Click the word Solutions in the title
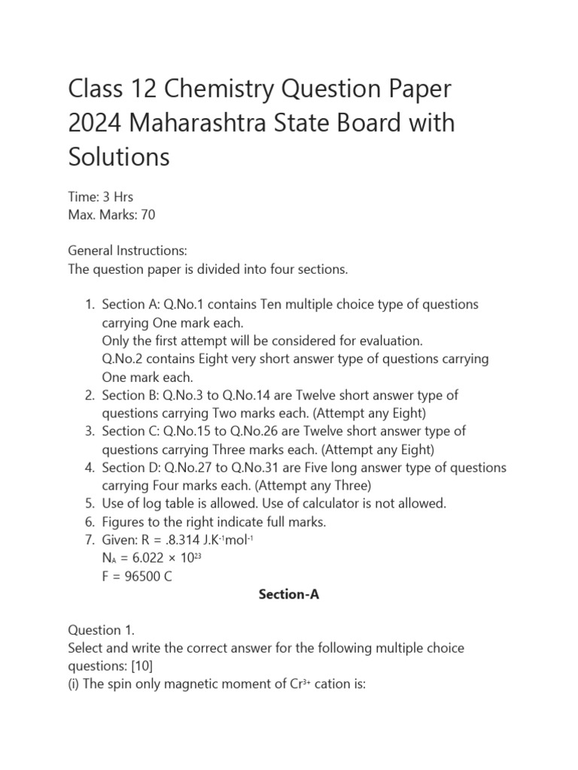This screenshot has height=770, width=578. (119, 156)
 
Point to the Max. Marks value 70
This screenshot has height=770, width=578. (148, 215)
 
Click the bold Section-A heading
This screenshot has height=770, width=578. (289, 594)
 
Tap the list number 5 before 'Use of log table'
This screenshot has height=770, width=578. (89, 503)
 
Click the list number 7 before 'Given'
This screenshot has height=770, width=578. (89, 539)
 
